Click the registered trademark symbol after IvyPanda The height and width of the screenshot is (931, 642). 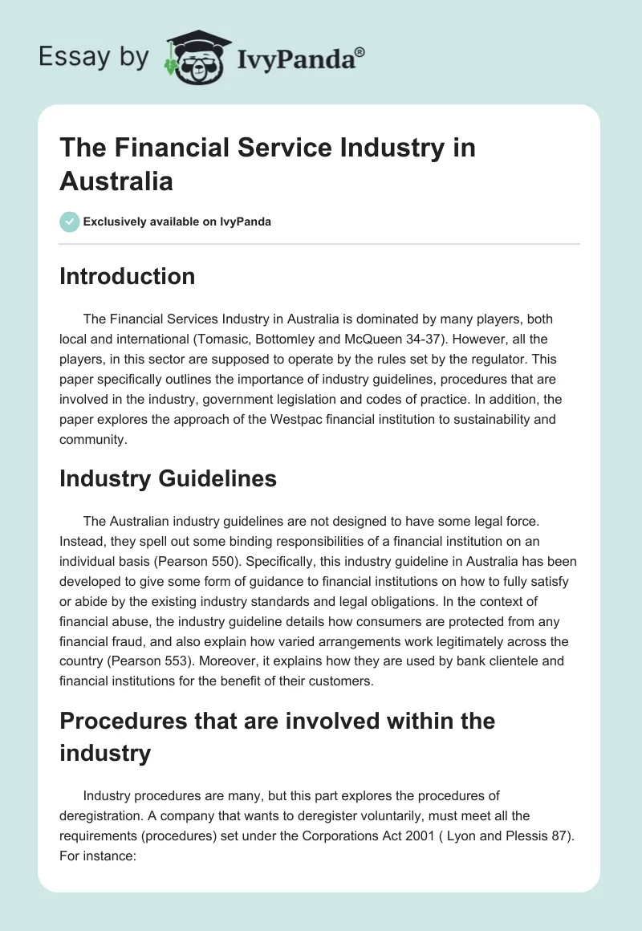360,52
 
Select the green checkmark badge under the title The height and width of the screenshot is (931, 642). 70,222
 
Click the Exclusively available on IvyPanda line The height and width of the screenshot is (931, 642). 177,222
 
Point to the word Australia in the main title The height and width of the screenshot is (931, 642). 116,181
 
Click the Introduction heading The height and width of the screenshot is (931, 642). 127,276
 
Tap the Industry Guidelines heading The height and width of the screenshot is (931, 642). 168,478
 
